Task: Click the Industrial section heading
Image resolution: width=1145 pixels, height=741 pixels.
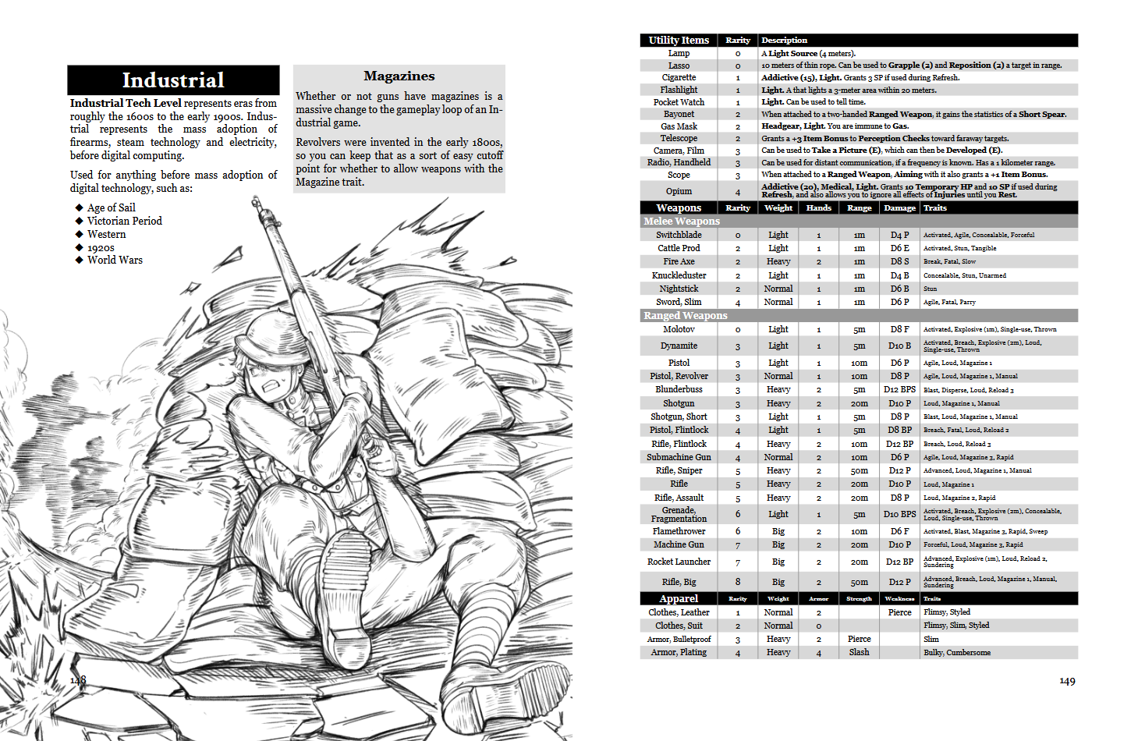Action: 173,80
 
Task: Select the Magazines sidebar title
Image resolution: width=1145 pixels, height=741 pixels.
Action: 399,76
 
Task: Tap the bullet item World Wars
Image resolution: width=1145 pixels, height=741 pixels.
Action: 115,260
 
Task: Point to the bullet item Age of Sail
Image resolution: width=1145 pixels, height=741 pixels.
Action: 111,207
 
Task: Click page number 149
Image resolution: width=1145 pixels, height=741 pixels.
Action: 1067,681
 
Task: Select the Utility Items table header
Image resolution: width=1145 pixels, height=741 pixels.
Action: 679,40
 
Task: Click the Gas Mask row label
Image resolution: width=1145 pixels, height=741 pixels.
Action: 679,126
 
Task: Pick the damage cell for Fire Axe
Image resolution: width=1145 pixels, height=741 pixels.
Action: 899,261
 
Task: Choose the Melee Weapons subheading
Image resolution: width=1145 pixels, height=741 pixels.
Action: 682,222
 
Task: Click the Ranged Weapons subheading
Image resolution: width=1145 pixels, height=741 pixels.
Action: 685,316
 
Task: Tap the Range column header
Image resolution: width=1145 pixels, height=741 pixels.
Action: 859,207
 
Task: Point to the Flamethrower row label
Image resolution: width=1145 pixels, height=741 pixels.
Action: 679,531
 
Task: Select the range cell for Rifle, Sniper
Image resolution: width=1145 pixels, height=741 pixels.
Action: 859,470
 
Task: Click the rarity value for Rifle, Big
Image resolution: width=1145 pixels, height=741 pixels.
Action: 737,582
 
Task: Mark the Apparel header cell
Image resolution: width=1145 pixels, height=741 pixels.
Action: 679,598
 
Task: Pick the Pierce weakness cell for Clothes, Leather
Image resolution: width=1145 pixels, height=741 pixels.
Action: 899,612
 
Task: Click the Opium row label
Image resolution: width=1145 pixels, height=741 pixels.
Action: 679,191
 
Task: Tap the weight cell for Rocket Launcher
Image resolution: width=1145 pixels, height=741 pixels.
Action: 778,562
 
